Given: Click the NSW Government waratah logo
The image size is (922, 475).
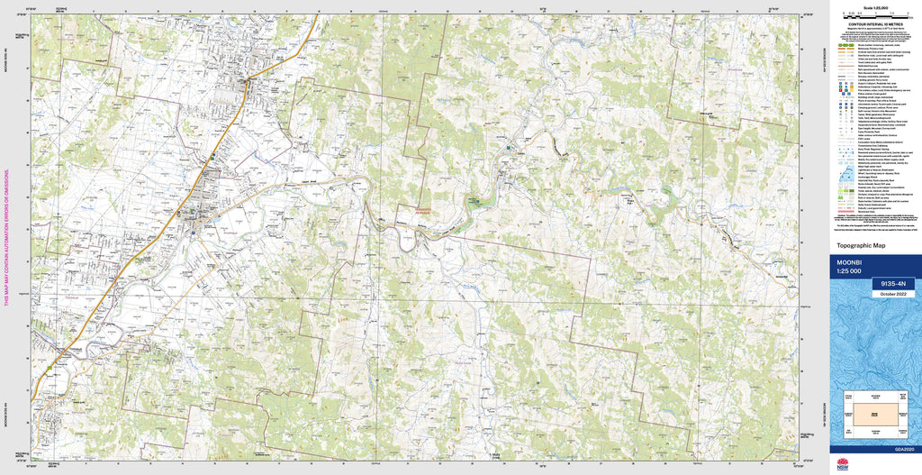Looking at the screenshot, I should click(x=842, y=464).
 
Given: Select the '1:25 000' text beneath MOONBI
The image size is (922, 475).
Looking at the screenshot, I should click(x=850, y=271).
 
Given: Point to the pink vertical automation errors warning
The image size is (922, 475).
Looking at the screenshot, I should click(x=7, y=238).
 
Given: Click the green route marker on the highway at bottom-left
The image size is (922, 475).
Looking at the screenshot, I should click(x=45, y=370).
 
